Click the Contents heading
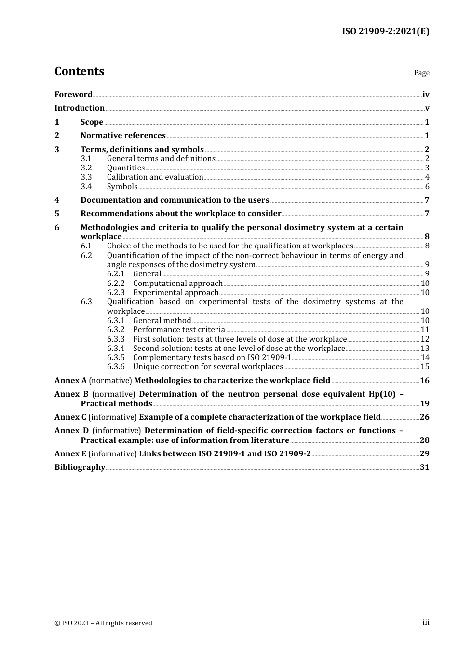(x=79, y=71)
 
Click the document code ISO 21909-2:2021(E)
(x=385, y=31)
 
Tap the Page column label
(x=421, y=73)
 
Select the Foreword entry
(x=73, y=94)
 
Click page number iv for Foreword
(x=426, y=95)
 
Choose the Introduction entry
(x=80, y=108)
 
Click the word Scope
(x=92, y=122)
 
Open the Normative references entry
(x=123, y=135)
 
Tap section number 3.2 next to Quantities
(x=86, y=168)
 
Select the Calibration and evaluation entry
(x=155, y=177)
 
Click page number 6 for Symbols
(x=427, y=187)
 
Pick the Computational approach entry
(x=177, y=283)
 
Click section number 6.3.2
(x=116, y=330)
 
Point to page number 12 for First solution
(x=425, y=339)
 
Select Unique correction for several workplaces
(x=208, y=367)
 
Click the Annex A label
(x=70, y=380)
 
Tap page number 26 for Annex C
(x=424, y=417)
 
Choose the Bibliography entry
(x=80, y=467)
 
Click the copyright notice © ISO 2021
(x=103, y=623)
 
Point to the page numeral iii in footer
(x=426, y=622)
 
